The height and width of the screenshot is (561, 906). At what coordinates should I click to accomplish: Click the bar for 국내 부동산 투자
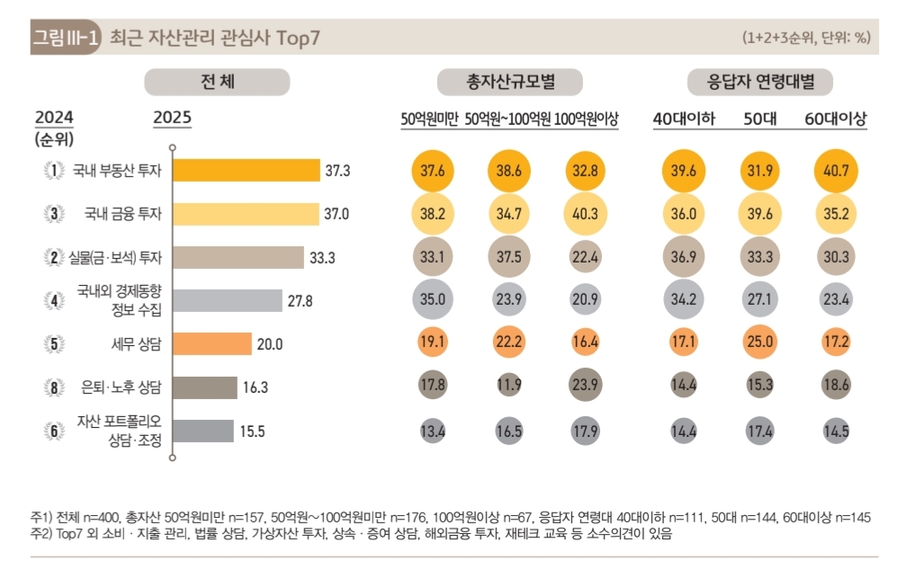pyautogui.click(x=246, y=170)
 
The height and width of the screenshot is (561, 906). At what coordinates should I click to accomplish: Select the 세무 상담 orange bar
pyautogui.click(x=211, y=343)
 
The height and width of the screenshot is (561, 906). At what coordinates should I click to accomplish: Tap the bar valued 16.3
pyautogui.click(x=204, y=387)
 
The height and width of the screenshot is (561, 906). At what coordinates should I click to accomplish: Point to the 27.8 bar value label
pyautogui.click(x=300, y=301)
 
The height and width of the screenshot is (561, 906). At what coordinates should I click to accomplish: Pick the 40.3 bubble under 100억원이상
pyautogui.click(x=585, y=214)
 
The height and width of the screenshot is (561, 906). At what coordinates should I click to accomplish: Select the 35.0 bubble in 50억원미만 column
pyautogui.click(x=434, y=300)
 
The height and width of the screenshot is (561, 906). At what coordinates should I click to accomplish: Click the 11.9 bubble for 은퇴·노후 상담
pyautogui.click(x=509, y=387)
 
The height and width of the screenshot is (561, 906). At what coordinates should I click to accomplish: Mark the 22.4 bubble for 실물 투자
pyautogui.click(x=585, y=257)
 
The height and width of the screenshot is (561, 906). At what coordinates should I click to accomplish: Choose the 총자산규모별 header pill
pyautogui.click(x=510, y=83)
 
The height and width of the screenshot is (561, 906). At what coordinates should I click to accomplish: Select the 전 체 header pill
pyautogui.click(x=218, y=83)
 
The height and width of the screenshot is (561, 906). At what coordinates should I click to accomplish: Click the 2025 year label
pyautogui.click(x=172, y=118)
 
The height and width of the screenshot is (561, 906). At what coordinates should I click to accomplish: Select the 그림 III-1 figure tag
pyautogui.click(x=65, y=38)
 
